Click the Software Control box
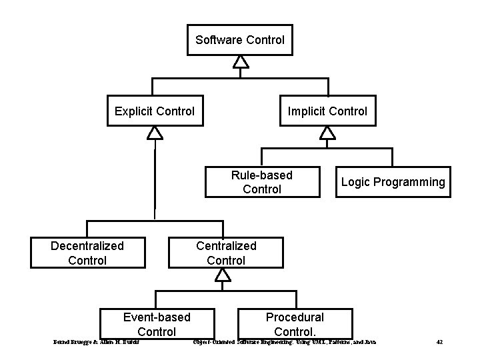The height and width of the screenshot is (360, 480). tap(240, 40)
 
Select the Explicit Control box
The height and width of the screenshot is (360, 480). tap(155, 111)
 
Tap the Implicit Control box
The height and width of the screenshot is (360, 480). tap(327, 111)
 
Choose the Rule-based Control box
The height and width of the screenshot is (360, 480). tap(262, 182)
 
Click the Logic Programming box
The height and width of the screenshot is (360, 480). tap(393, 182)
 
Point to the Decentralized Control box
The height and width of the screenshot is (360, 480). tap(87, 253)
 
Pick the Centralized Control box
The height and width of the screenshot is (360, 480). tap(226, 253)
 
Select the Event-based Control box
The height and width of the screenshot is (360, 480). tap(157, 324)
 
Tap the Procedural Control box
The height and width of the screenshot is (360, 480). tap(295, 324)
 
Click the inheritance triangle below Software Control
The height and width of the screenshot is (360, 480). tap(241, 62)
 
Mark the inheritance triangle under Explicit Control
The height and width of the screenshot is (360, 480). tap(155, 133)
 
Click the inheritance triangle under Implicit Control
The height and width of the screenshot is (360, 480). tap(327, 133)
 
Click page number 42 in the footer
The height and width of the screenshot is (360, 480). tap(439, 343)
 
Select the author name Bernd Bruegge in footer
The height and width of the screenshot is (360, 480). tap(73, 343)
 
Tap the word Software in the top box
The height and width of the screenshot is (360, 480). tap(219, 40)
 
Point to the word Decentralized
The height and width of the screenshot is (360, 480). tap(87, 246)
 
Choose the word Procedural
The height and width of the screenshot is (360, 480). tap(295, 317)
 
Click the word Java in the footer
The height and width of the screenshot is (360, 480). tap(370, 343)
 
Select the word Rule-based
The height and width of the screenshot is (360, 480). tap(262, 175)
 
